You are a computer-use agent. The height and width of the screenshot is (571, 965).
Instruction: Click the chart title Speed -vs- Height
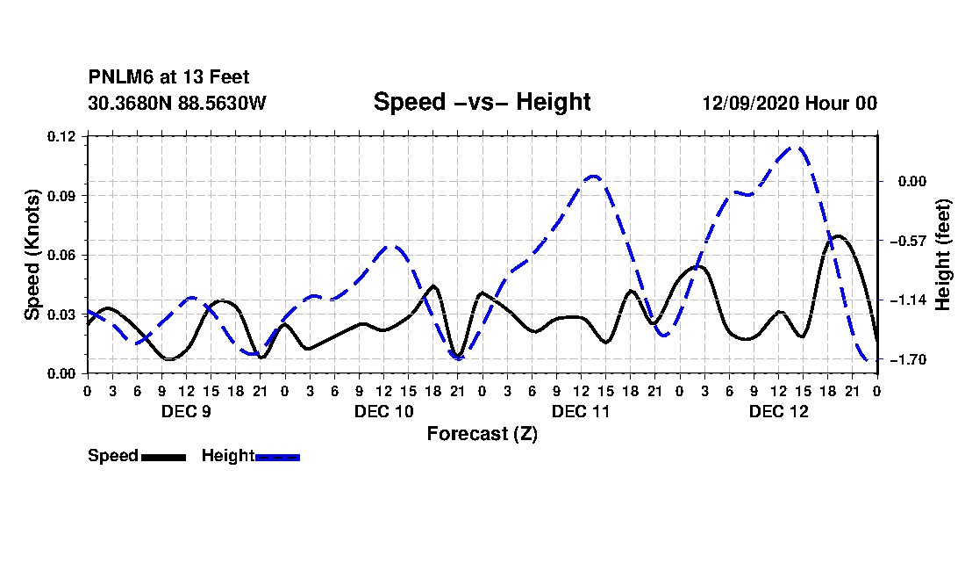(x=482, y=102)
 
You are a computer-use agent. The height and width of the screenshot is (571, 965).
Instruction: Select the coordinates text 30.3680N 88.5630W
(x=177, y=103)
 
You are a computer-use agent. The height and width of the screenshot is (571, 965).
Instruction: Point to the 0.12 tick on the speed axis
(x=61, y=136)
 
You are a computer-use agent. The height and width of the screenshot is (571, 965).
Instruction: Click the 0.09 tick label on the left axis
(x=61, y=196)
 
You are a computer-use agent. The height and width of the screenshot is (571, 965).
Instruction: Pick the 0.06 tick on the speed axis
(x=61, y=255)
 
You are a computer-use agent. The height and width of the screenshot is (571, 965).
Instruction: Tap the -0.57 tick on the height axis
(x=909, y=241)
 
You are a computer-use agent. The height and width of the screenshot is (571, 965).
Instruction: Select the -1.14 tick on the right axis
(x=909, y=300)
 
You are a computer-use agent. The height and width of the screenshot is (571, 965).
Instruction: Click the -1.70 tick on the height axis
(x=909, y=359)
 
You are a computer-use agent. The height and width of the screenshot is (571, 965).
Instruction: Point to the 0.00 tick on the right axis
(x=912, y=181)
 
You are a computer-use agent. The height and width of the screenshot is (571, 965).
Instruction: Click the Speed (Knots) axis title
(x=32, y=255)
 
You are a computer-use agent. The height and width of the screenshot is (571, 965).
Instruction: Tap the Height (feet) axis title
(x=943, y=255)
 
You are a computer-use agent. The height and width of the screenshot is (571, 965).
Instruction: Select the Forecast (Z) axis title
(x=482, y=434)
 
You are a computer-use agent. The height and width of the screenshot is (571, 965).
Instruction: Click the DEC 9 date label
(x=186, y=411)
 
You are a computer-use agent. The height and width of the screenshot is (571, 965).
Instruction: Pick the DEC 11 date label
(x=581, y=411)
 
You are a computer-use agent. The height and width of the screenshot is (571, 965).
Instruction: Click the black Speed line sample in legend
(x=164, y=457)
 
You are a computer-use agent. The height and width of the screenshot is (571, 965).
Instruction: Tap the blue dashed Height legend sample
(x=277, y=457)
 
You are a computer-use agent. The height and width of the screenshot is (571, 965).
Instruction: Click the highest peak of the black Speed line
(x=837, y=236)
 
